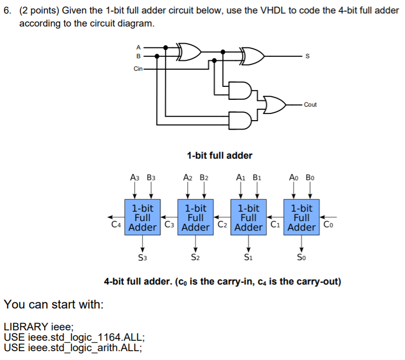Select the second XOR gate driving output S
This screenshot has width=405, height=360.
(x=251, y=57)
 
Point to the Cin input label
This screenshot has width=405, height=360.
(x=138, y=68)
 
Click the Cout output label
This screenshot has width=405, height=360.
(x=310, y=105)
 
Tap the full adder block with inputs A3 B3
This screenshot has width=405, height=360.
(x=142, y=217)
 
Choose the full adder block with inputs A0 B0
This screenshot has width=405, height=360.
(x=301, y=217)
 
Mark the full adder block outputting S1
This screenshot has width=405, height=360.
(x=248, y=217)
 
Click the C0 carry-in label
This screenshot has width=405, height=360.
(x=327, y=225)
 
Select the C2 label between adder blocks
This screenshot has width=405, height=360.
(x=222, y=225)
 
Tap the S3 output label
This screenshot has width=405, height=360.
(x=142, y=257)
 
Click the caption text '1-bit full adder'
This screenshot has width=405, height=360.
(x=219, y=155)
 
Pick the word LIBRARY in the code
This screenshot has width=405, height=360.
(x=26, y=327)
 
